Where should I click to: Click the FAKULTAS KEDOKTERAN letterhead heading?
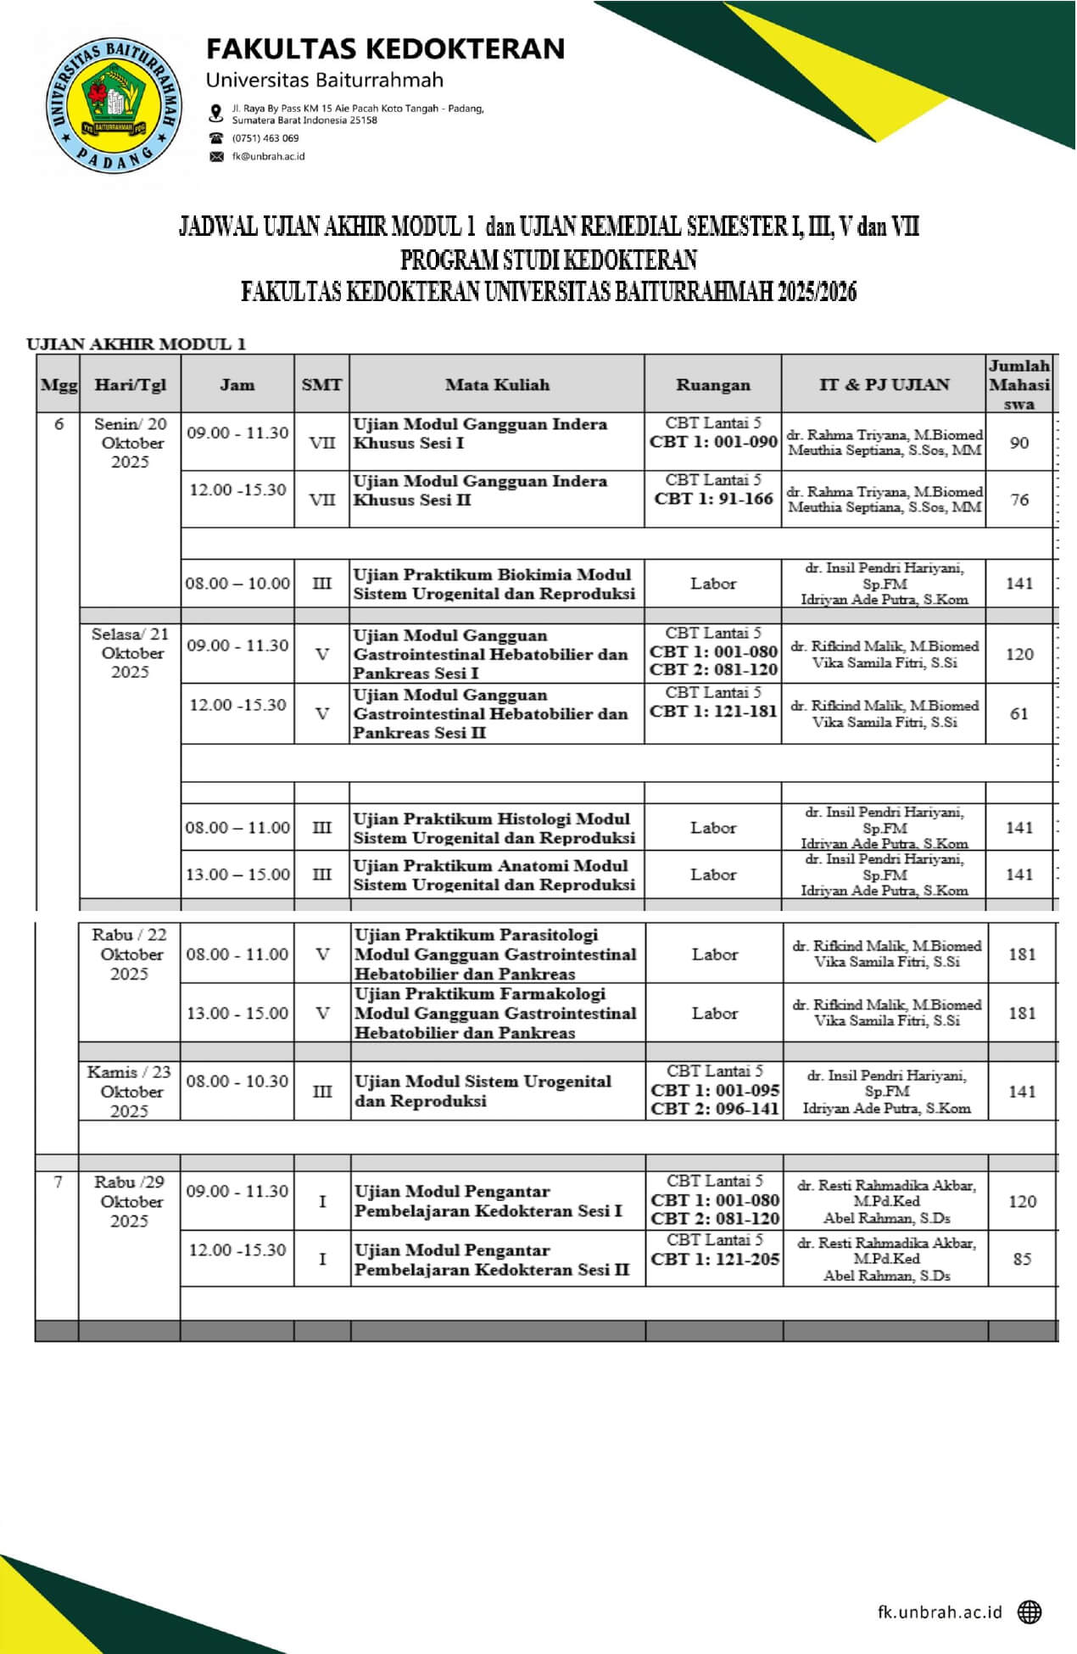click(386, 49)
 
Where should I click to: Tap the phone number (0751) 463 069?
click(265, 138)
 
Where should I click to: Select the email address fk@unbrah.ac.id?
click(268, 157)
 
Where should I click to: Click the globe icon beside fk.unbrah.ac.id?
click(1030, 1611)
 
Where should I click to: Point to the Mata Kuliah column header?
click(497, 384)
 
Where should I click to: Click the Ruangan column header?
click(712, 384)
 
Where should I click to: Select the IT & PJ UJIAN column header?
click(884, 384)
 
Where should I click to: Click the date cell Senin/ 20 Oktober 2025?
click(130, 443)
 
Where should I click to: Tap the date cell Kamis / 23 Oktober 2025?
click(129, 1092)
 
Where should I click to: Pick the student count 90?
click(1019, 443)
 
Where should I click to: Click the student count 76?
click(1019, 500)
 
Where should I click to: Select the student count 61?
click(1019, 714)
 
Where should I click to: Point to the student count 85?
click(1022, 1259)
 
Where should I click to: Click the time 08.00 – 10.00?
click(237, 584)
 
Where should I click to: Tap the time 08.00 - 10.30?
click(237, 1081)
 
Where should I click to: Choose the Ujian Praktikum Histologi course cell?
click(494, 828)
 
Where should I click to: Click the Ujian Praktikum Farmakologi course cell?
click(495, 1013)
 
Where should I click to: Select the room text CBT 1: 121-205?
click(715, 1260)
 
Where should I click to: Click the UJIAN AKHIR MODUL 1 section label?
click(136, 344)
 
